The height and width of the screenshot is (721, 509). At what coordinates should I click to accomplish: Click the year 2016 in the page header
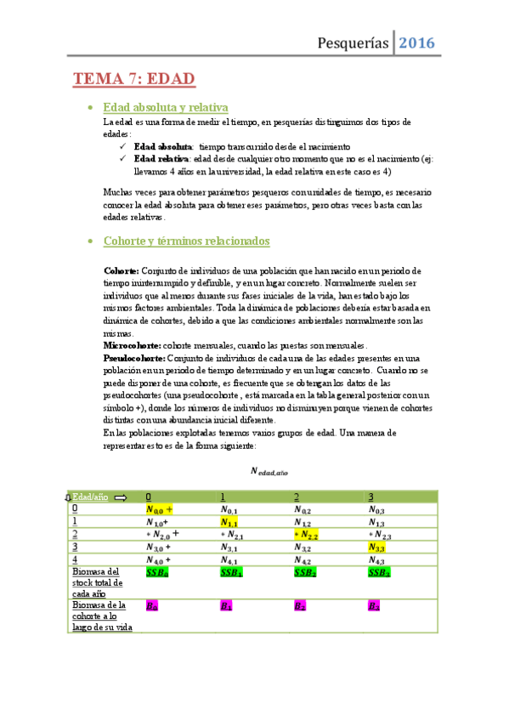point(417,43)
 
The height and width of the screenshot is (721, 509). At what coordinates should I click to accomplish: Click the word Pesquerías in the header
point(353,43)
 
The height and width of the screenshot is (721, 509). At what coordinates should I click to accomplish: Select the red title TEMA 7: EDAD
point(134,80)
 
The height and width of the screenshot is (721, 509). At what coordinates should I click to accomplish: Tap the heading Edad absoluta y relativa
point(165,108)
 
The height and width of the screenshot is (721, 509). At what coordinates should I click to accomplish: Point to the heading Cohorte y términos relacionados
point(186,241)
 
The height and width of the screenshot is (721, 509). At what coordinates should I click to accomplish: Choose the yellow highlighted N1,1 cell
point(229,522)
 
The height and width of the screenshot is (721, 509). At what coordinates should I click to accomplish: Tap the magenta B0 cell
point(152,606)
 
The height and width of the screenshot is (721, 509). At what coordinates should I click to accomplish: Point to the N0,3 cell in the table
point(378,509)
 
